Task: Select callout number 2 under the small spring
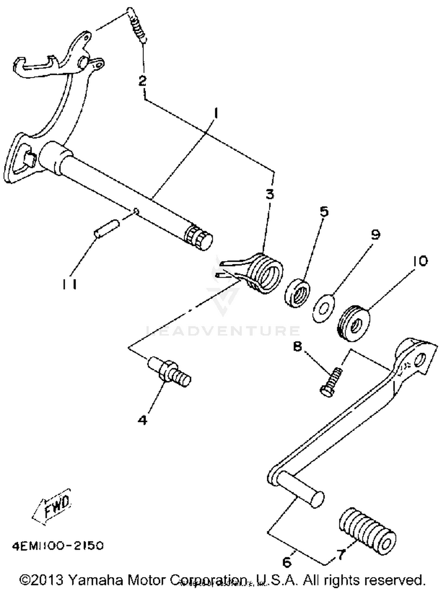pos(143,81)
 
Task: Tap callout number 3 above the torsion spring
pos(270,194)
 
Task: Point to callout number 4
pos(143,420)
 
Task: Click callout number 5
pos(324,212)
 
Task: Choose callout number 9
pos(375,235)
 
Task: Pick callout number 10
pos(418,261)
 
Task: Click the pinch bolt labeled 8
pos(331,381)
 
